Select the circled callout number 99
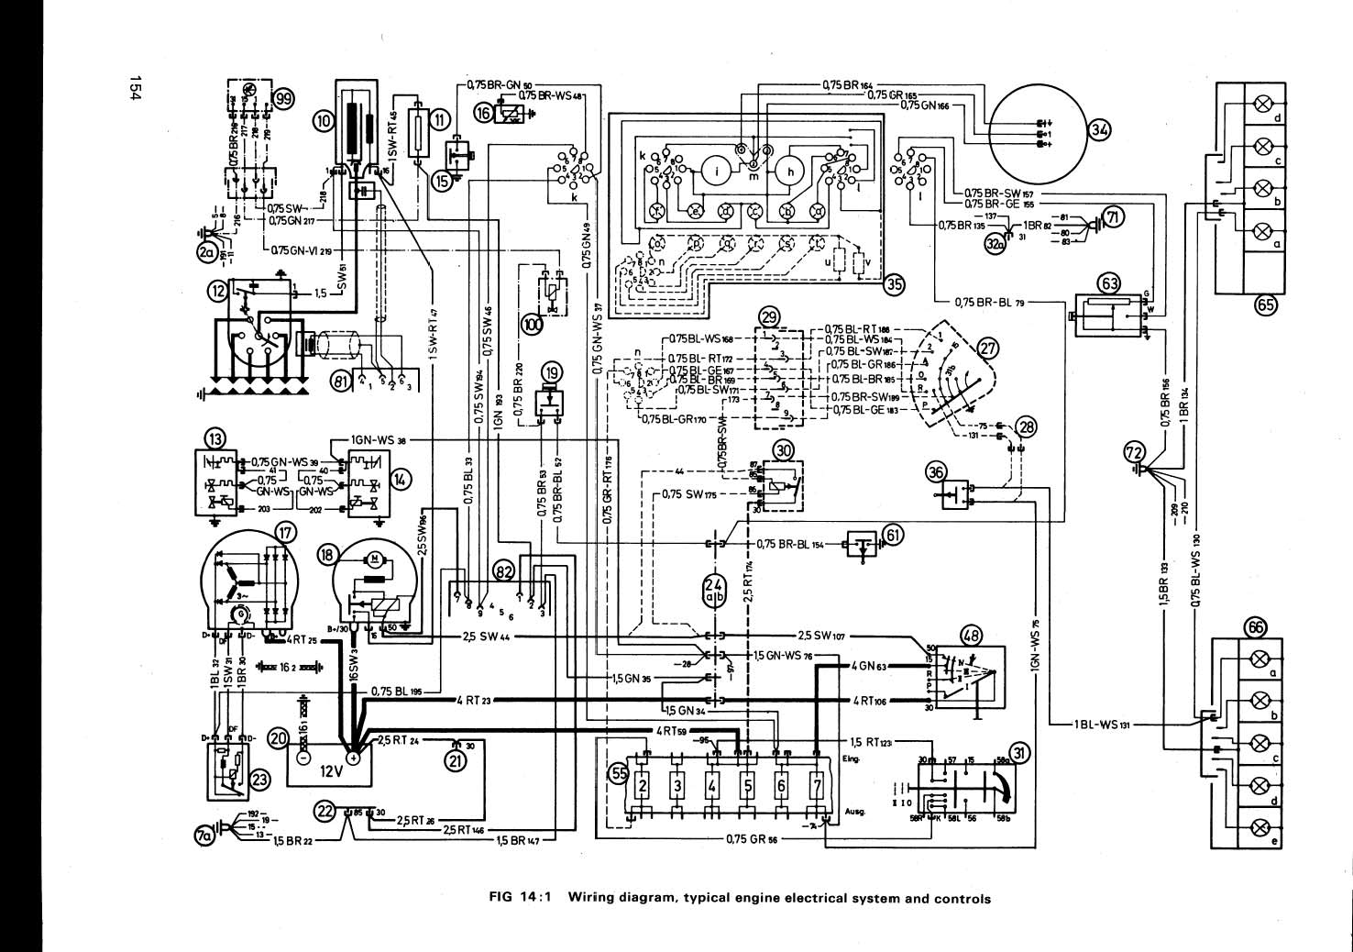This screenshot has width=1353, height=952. (x=285, y=99)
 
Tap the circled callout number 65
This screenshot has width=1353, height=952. (x=1266, y=307)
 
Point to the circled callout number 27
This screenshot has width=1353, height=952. (x=986, y=349)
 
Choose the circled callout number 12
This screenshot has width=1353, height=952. (x=217, y=291)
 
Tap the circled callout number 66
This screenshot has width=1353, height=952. (x=1255, y=626)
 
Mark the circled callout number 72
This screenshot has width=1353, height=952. (x=1134, y=451)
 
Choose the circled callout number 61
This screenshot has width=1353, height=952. (x=894, y=536)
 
